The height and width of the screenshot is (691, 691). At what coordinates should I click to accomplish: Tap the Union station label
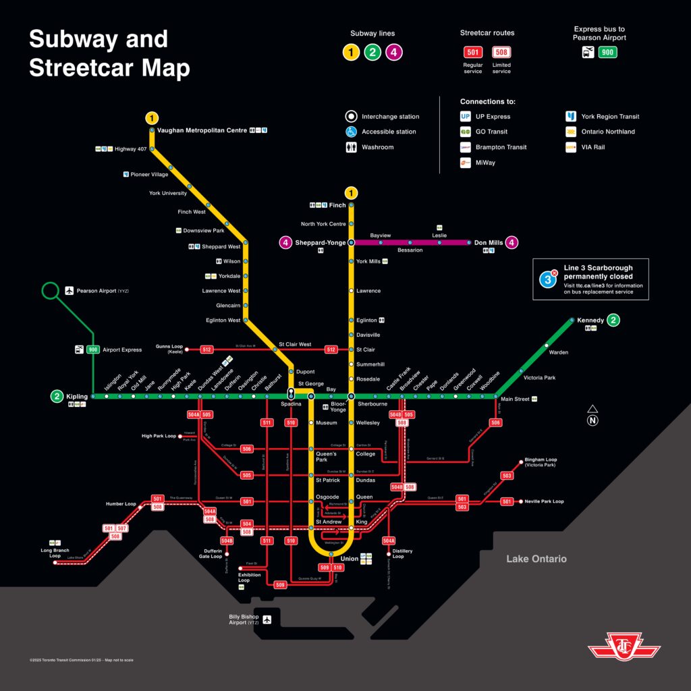pos(349,559)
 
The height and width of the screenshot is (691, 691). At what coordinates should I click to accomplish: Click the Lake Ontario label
pos(536,559)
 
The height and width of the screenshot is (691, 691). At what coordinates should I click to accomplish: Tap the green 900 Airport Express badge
pos(93,350)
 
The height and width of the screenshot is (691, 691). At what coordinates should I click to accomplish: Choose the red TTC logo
pos(624,647)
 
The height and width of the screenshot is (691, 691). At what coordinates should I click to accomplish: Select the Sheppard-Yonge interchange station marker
pos(351,242)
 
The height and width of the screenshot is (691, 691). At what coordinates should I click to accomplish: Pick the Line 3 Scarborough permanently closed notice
pos(590,279)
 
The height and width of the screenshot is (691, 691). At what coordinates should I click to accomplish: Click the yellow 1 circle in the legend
pos(351,52)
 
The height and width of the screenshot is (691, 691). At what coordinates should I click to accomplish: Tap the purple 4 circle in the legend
pos(394,52)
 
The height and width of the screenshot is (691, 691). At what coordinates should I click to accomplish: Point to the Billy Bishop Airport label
pos(244,619)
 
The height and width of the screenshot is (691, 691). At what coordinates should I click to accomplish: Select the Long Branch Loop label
pos(51,553)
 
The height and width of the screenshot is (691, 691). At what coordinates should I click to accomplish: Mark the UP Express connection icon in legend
pos(466,117)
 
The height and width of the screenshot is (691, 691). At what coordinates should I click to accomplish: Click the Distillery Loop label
pos(402,554)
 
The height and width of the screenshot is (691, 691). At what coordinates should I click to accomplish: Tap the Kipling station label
pos(77,396)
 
